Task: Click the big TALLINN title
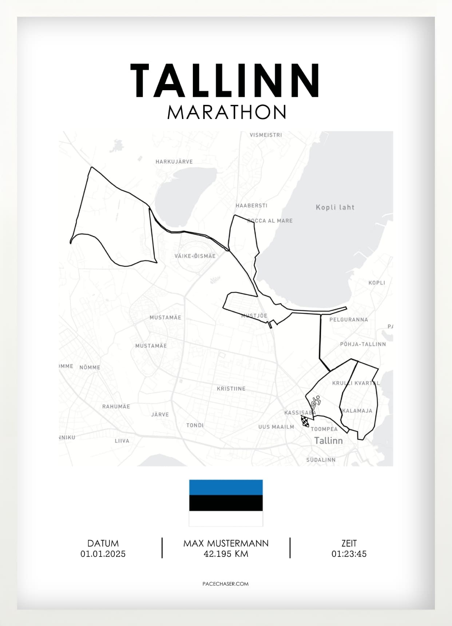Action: [225, 80]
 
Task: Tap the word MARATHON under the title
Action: [226, 112]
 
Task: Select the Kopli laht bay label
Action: [335, 207]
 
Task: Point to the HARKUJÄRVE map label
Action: [174, 162]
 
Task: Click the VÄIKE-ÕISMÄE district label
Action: [195, 256]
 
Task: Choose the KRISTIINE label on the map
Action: [231, 388]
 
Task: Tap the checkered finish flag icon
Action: [305, 421]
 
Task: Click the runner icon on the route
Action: [316, 402]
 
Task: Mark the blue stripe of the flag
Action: [226, 487]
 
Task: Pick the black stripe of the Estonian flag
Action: [226, 503]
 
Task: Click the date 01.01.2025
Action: [103, 554]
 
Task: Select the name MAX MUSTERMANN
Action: [226, 543]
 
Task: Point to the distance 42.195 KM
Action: [226, 554]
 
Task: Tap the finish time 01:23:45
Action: [349, 554]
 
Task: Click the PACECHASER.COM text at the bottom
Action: [225, 584]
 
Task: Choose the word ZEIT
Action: [349, 543]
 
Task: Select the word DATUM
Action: [103, 543]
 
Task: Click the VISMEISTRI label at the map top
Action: [266, 135]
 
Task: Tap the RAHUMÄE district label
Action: [116, 406]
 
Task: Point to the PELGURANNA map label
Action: [348, 320]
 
